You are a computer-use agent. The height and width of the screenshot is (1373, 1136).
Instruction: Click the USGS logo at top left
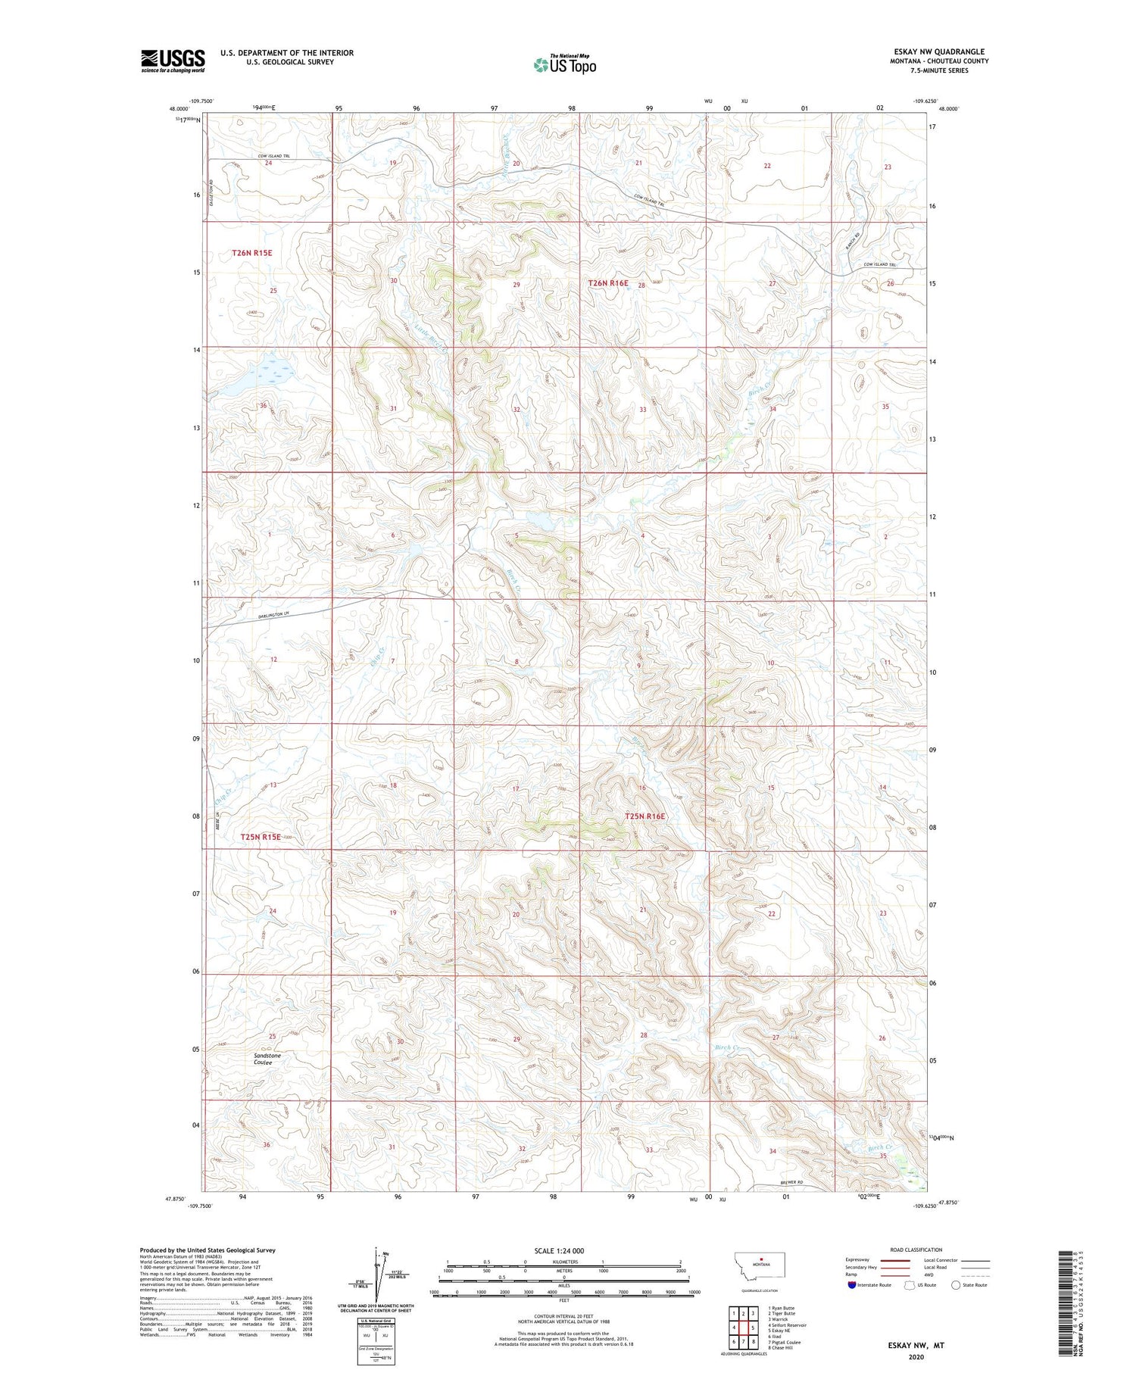coord(173,61)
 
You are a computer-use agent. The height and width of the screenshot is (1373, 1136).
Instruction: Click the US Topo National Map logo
coord(564,64)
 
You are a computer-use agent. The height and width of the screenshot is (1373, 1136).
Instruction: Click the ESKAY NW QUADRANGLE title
coord(939,51)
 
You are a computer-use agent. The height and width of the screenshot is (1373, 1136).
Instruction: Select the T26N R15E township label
coord(252,252)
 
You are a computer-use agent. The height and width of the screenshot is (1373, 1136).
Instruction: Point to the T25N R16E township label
coord(644,816)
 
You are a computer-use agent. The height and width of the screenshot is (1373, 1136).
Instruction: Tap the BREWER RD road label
coord(790,1183)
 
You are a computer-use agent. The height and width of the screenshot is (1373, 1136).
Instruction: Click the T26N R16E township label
coord(608,283)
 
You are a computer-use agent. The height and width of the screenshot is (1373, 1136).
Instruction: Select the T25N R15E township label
coord(261,837)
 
